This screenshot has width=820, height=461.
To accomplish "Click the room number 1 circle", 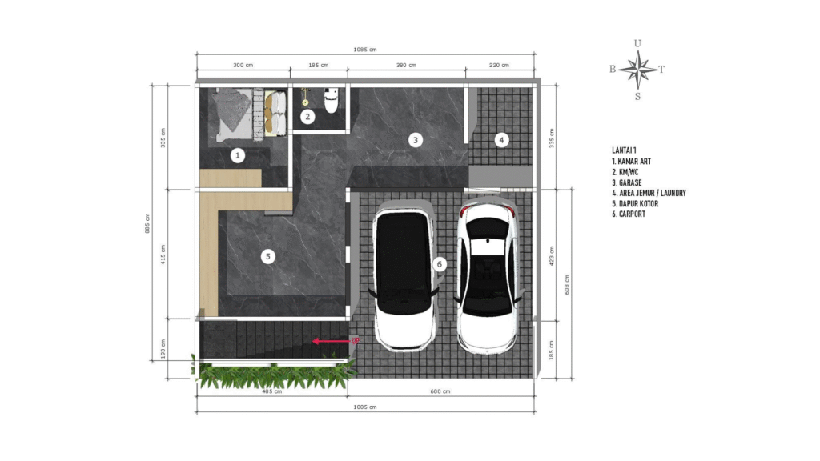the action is click(x=237, y=155).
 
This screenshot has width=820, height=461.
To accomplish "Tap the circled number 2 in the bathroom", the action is click(x=307, y=117).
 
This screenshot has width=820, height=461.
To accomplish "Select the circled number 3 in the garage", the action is click(x=416, y=139).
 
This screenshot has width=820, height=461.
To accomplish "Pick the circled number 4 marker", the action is click(x=501, y=139).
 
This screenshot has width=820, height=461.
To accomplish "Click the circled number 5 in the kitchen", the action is click(x=267, y=256).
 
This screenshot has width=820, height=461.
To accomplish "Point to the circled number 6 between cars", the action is click(x=440, y=264).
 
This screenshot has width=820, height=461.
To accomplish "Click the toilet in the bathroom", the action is click(x=331, y=101).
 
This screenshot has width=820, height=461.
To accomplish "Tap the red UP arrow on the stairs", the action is click(x=332, y=341).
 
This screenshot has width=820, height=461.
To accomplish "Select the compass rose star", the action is click(x=638, y=70).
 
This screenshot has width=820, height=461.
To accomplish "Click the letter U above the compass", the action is click(x=637, y=43).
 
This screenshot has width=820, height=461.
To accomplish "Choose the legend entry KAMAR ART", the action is click(x=631, y=162).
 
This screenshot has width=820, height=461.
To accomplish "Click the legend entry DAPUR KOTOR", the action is click(x=635, y=204).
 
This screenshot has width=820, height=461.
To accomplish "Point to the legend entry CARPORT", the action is click(x=629, y=214).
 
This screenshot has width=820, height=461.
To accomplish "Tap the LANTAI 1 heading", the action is click(x=624, y=150).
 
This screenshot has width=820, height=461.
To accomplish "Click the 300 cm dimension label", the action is click(x=243, y=66).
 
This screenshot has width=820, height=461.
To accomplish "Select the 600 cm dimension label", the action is click(x=440, y=391).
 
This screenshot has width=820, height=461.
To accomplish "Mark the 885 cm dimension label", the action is click(x=147, y=223).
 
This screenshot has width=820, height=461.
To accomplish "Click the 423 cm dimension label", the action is click(x=552, y=256).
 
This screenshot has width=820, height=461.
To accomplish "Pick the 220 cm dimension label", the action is click(x=499, y=66).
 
